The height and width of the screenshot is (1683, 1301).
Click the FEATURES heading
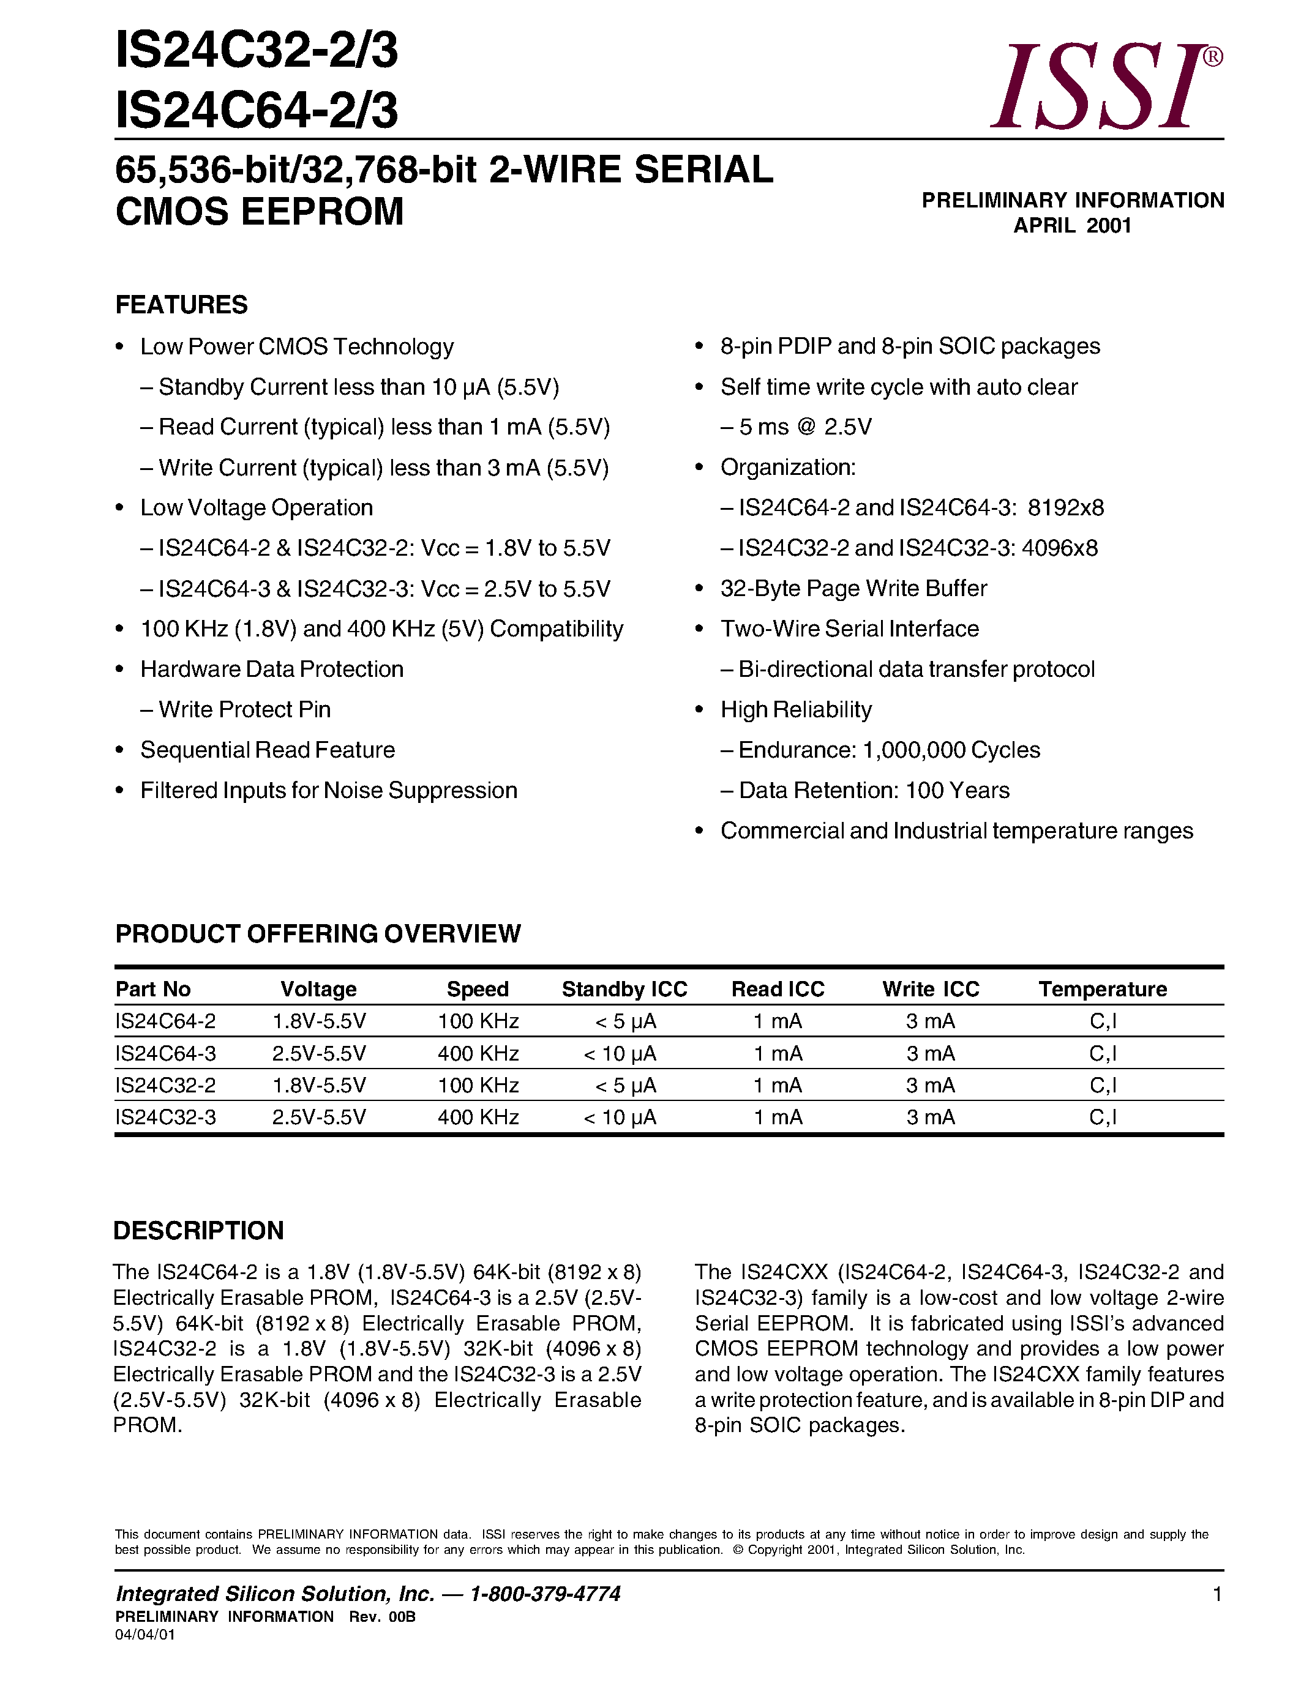point(181,305)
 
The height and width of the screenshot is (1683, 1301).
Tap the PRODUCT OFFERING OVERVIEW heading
point(318,933)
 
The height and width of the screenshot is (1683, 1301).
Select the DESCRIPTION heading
point(199,1231)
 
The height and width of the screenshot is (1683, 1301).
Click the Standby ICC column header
point(624,990)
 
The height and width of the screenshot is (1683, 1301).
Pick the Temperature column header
point(1102,990)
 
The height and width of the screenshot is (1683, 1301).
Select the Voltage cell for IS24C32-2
point(319,1085)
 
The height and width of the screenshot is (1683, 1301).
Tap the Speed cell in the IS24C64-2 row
point(478,1022)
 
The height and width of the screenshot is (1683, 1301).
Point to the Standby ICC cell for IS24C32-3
point(620,1118)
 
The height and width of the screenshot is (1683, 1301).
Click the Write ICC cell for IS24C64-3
point(930,1053)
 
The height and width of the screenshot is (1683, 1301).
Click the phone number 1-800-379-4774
point(545,1594)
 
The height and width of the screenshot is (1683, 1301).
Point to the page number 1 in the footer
point(1217,1594)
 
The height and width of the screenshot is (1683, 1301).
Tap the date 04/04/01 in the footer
point(145,1635)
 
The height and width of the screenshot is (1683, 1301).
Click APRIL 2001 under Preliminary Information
point(1072,226)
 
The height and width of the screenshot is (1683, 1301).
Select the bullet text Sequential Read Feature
point(268,750)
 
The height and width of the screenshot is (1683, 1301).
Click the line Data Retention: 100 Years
point(873,791)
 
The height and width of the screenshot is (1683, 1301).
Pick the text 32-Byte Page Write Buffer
point(853,589)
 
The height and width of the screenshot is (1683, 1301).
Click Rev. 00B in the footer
point(382,1617)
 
